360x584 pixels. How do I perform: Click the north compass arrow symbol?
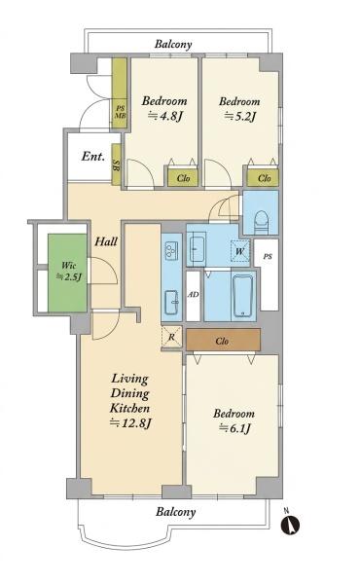coord(290,525)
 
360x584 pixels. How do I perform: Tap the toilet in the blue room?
coord(261,221)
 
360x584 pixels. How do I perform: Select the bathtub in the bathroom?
coord(242,297)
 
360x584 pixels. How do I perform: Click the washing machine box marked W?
coord(240,251)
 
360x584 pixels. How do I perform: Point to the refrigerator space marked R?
coord(171,337)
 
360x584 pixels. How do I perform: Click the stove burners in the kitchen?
coord(171,249)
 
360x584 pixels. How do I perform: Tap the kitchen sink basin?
coord(171,303)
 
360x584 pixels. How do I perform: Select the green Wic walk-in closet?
coord(67,273)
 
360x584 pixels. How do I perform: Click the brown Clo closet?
coord(223,340)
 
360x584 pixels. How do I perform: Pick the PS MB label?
coord(120,112)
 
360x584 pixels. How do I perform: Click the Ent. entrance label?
coord(93,156)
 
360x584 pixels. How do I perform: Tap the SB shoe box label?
coord(116,165)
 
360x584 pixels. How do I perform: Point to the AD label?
coord(193,295)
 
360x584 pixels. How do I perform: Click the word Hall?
coord(106,241)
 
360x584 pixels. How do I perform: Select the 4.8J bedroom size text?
coord(165,116)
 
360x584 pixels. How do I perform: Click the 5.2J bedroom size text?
coord(240,117)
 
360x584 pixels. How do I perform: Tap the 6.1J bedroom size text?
coord(234,428)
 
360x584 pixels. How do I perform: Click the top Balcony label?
coord(173,45)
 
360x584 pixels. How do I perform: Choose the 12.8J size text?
coord(130,422)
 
